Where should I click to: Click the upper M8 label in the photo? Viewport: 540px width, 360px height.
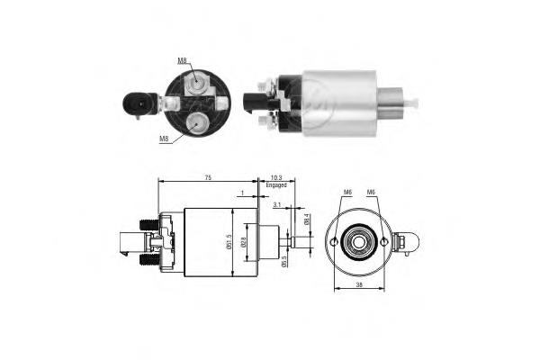182,60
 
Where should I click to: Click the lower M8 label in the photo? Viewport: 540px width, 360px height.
164,139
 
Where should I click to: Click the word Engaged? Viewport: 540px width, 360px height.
276,185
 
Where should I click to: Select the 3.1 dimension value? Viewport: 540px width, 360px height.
277,205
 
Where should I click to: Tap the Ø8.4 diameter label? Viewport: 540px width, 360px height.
307,220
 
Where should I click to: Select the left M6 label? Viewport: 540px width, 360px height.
348,192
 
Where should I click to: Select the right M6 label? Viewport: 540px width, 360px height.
370,192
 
